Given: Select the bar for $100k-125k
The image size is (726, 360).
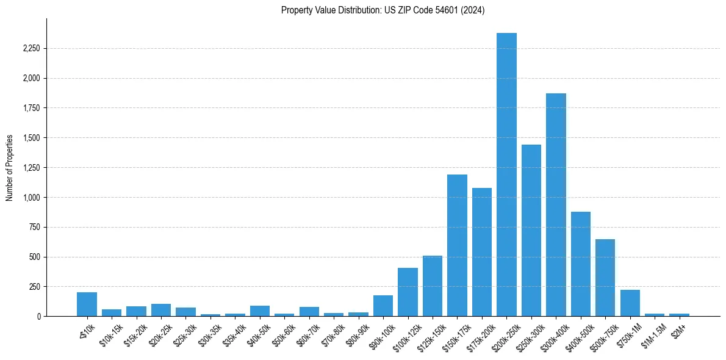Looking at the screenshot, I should coord(408,292).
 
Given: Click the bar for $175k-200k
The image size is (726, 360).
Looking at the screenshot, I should coord(481,252).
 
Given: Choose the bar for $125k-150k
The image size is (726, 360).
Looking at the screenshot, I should coord(433,286).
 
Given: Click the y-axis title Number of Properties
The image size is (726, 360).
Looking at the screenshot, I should coord(9,167).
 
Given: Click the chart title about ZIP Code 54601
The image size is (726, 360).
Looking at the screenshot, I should coord(383,10).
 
